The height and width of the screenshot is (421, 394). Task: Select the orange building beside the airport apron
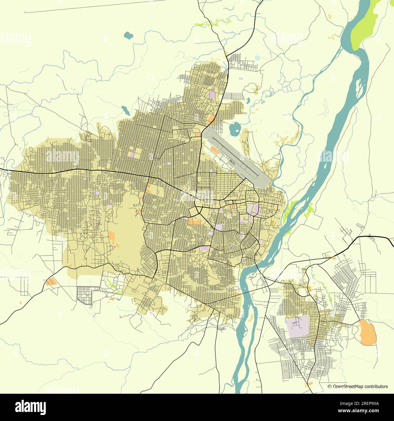(215, 149)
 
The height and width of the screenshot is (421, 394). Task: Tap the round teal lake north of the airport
(234, 130)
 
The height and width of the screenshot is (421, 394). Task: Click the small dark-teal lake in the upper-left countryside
(129, 35)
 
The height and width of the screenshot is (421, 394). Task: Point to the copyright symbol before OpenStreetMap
(330, 386)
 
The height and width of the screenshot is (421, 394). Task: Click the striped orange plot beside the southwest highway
(51, 281)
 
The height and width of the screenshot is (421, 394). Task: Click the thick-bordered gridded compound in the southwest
(85, 293)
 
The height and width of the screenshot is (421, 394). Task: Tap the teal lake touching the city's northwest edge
(124, 110)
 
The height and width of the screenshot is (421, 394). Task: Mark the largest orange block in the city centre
(195, 221)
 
